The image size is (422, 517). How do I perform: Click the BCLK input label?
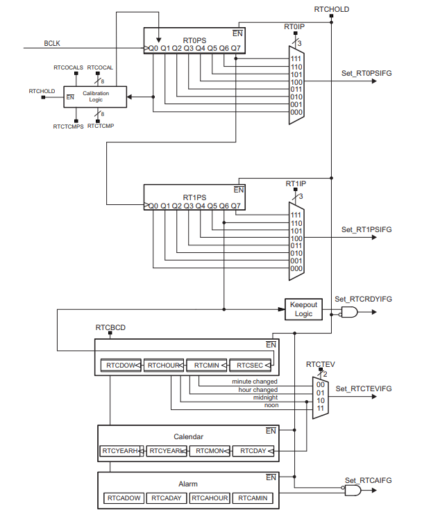[x=52, y=43]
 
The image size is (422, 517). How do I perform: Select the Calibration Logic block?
[x=96, y=97]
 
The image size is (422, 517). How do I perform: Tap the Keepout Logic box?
[x=303, y=309]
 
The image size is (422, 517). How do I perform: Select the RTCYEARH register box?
[x=120, y=451]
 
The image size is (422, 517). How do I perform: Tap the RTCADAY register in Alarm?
[x=165, y=498]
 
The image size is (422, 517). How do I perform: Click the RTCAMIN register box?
[x=251, y=498]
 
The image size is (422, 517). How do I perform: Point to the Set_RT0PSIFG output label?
[x=366, y=73]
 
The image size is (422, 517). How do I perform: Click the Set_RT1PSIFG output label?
[x=366, y=229]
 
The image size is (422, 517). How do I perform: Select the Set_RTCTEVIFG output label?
[x=364, y=388]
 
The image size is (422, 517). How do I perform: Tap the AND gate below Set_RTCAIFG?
[x=353, y=491]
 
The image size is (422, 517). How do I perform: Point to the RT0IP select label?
[x=294, y=26]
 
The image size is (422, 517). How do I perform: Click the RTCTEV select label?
[x=320, y=363]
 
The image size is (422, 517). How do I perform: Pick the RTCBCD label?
[x=110, y=327]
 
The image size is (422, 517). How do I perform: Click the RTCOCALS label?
[x=68, y=67]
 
